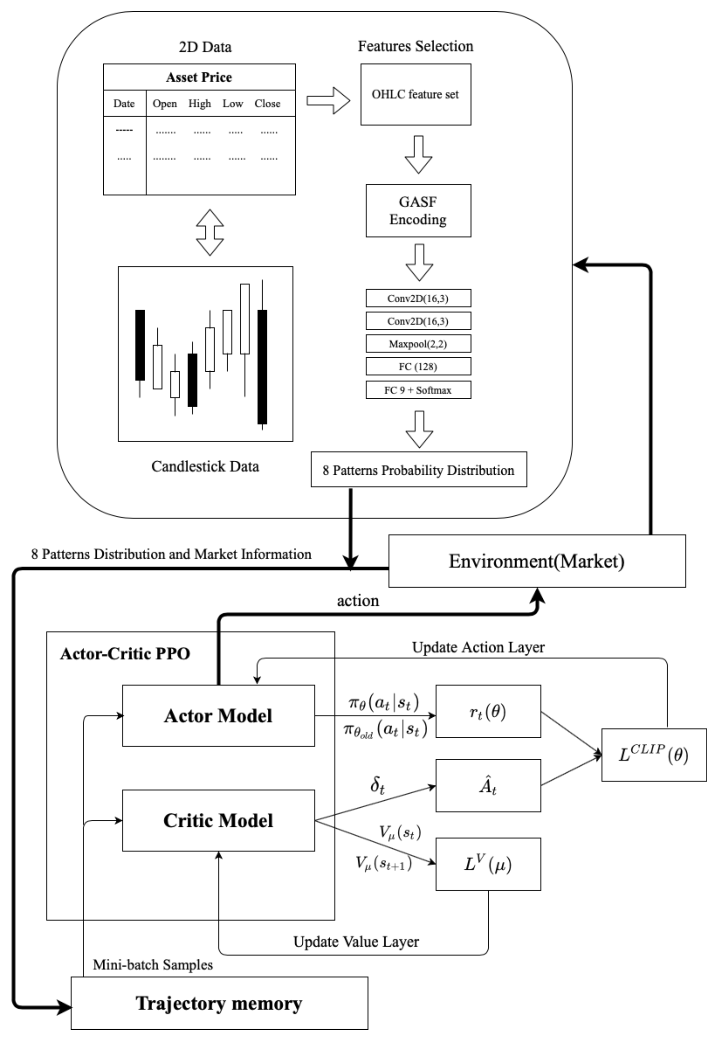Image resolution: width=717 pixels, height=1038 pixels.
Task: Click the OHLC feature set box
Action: tap(416, 94)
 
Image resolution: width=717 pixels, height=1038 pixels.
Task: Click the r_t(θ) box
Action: tap(488, 712)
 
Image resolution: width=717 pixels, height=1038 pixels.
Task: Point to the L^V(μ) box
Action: tap(488, 864)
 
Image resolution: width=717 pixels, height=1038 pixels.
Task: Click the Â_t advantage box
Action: tap(488, 786)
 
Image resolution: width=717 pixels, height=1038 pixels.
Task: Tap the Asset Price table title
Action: tap(199, 77)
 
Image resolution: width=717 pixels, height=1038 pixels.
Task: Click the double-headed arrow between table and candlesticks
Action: tap(210, 233)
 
